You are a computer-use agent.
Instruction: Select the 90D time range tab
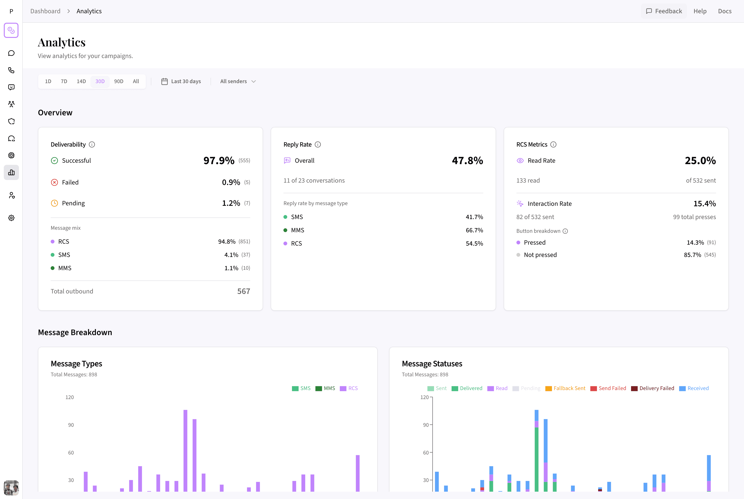coord(118,81)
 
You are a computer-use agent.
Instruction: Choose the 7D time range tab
coord(64,81)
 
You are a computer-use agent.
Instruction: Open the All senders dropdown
coord(238,81)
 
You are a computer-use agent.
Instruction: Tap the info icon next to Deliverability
coord(92,144)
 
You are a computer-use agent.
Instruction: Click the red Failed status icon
coord(54,182)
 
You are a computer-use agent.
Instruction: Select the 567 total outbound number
coord(243,291)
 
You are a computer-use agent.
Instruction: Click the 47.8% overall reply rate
coord(467,160)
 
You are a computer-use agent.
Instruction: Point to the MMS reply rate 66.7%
coord(474,230)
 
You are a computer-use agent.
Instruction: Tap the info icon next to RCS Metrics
coord(553,144)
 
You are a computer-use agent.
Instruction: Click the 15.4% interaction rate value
coord(704,204)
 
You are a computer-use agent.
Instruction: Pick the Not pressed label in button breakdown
coord(540,255)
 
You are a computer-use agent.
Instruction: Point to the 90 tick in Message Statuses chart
coord(426,425)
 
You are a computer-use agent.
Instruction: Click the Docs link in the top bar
coord(725,11)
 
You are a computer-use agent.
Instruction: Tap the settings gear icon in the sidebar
coord(11,218)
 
